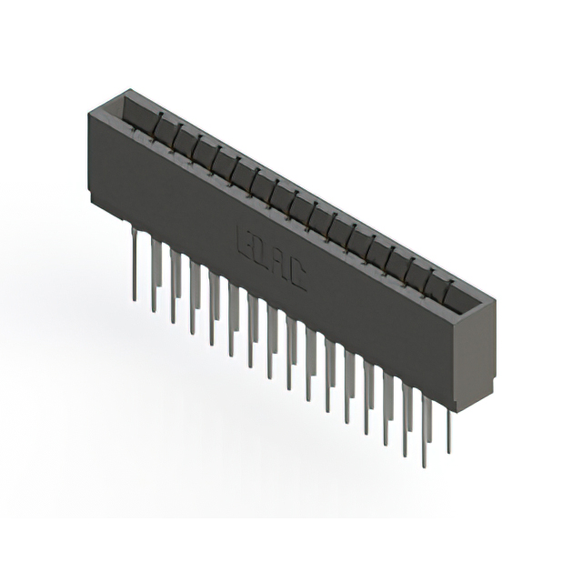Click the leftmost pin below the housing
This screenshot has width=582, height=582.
[135, 264]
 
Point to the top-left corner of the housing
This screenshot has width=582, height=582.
[88, 111]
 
